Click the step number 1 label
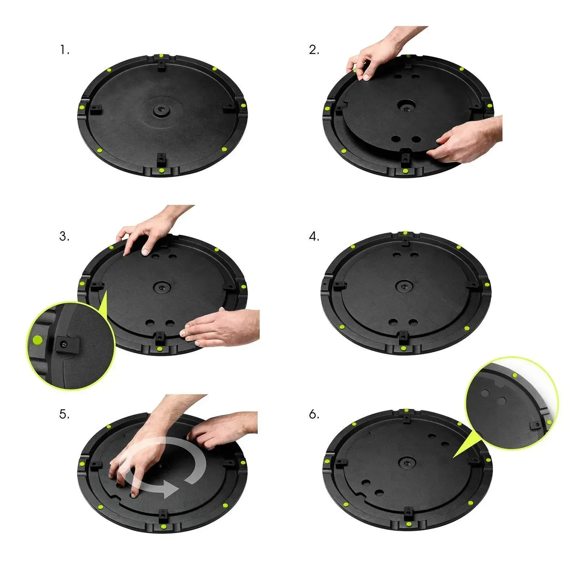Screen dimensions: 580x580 (x=64, y=50)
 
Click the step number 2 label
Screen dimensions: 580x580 (x=314, y=50)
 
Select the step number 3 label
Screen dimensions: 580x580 (x=64, y=236)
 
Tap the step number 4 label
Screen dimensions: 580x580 (x=314, y=236)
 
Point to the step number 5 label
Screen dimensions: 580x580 (x=64, y=414)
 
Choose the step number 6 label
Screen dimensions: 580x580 (x=314, y=414)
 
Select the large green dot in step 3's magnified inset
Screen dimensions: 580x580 (x=37, y=340)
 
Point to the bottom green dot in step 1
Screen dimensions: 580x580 (x=162, y=171)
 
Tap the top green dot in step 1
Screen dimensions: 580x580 (x=160, y=56)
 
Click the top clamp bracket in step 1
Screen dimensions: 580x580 (x=160, y=65)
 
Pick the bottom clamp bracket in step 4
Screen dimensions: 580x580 (x=402, y=339)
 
